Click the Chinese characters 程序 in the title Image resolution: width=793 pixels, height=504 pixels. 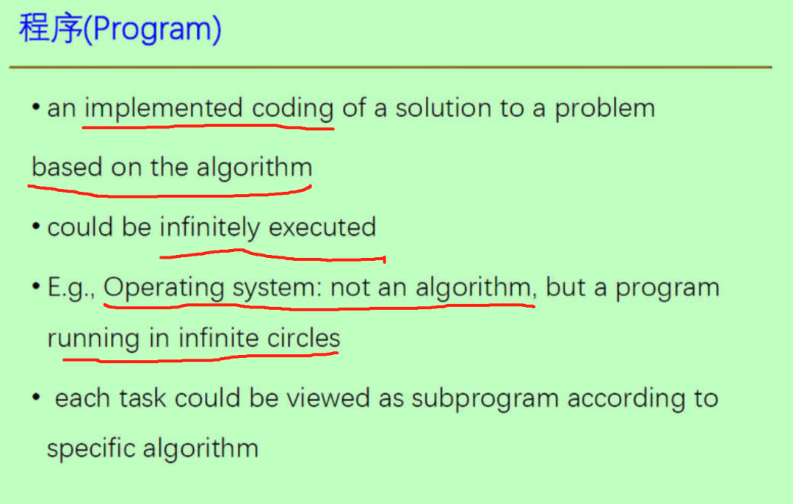pos(51,29)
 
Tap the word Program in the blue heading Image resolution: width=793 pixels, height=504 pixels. pos(152,29)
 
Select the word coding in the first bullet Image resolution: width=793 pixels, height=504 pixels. pos(293,109)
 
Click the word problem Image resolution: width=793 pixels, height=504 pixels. pos(604,109)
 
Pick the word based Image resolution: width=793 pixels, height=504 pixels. pos(67,167)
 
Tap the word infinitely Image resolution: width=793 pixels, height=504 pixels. pos(210,227)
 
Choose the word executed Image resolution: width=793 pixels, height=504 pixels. pos(322,227)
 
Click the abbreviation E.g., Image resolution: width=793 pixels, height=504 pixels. pos(70,287)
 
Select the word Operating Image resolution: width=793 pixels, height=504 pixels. pos(164,288)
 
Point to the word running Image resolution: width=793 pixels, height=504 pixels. pos(93,338)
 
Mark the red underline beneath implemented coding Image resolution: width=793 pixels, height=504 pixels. pos(208,126)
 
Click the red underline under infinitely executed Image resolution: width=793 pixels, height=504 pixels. pos(272,256)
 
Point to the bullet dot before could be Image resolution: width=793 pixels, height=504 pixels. pos(36,227)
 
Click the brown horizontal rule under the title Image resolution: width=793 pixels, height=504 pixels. pos(391,67)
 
